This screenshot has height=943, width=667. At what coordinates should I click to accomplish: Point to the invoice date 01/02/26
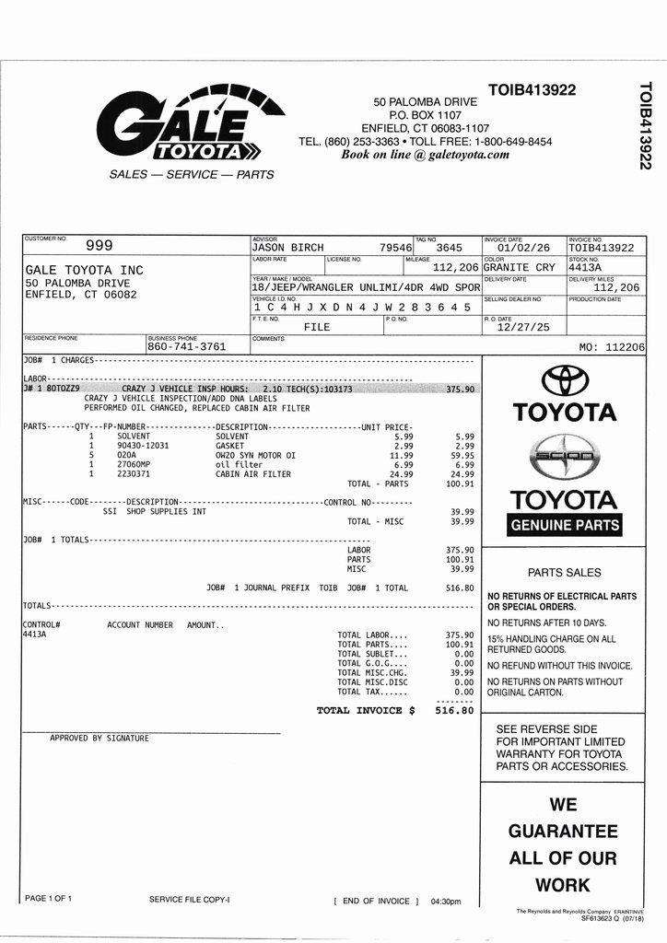pos(523,248)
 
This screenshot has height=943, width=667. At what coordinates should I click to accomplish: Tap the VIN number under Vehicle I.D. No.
pos(361,307)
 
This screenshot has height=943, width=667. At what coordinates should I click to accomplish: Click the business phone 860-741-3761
pos(187,347)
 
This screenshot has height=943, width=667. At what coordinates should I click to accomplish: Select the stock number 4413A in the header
pos(585,268)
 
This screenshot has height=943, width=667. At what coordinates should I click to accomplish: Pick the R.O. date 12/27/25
pos(522,327)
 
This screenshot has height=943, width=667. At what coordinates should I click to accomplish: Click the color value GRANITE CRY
pos(520,268)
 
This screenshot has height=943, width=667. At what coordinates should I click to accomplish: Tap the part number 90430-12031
pos(143,446)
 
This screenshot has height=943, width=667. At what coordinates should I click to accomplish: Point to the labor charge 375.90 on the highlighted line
pos(459,390)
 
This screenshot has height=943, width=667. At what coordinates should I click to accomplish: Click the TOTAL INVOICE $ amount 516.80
pos(454,711)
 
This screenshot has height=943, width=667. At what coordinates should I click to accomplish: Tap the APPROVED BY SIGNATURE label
pos(99,739)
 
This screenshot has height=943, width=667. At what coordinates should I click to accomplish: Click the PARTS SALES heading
pos(564,572)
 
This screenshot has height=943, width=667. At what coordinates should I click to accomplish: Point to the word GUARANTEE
pos(563,832)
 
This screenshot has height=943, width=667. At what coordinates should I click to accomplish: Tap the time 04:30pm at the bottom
pos(446,902)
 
